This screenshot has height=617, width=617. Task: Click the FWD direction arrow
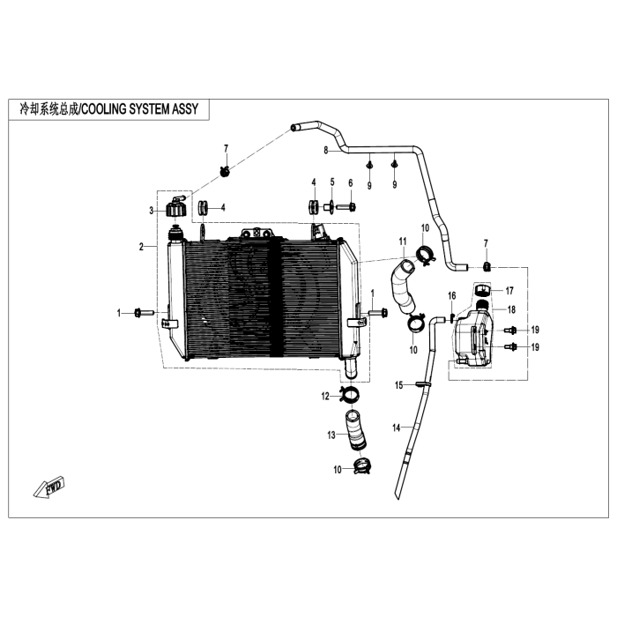[x=48, y=487]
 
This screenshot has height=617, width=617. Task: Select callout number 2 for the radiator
[x=141, y=247]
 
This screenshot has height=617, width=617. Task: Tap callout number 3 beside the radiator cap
[x=151, y=211]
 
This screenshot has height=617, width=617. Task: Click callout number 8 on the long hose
[x=326, y=151]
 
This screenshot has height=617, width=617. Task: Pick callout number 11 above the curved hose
[x=402, y=242]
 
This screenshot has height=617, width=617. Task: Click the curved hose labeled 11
[x=403, y=286]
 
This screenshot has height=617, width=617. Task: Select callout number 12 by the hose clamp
[x=325, y=397]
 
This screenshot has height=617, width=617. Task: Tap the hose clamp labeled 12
[x=349, y=395]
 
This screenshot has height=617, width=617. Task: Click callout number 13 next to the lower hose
[x=331, y=435]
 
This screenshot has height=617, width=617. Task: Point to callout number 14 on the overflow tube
[x=397, y=427]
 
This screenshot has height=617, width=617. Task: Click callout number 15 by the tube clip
[x=399, y=385]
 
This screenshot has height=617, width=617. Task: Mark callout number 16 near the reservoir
[x=451, y=295]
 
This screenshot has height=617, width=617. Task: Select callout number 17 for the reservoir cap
[x=509, y=291]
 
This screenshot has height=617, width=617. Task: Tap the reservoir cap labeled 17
[x=483, y=290]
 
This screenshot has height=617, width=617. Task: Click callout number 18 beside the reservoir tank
[x=511, y=309]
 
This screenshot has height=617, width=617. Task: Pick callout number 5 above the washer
[x=332, y=182]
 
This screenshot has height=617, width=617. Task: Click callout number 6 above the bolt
[x=351, y=183]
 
